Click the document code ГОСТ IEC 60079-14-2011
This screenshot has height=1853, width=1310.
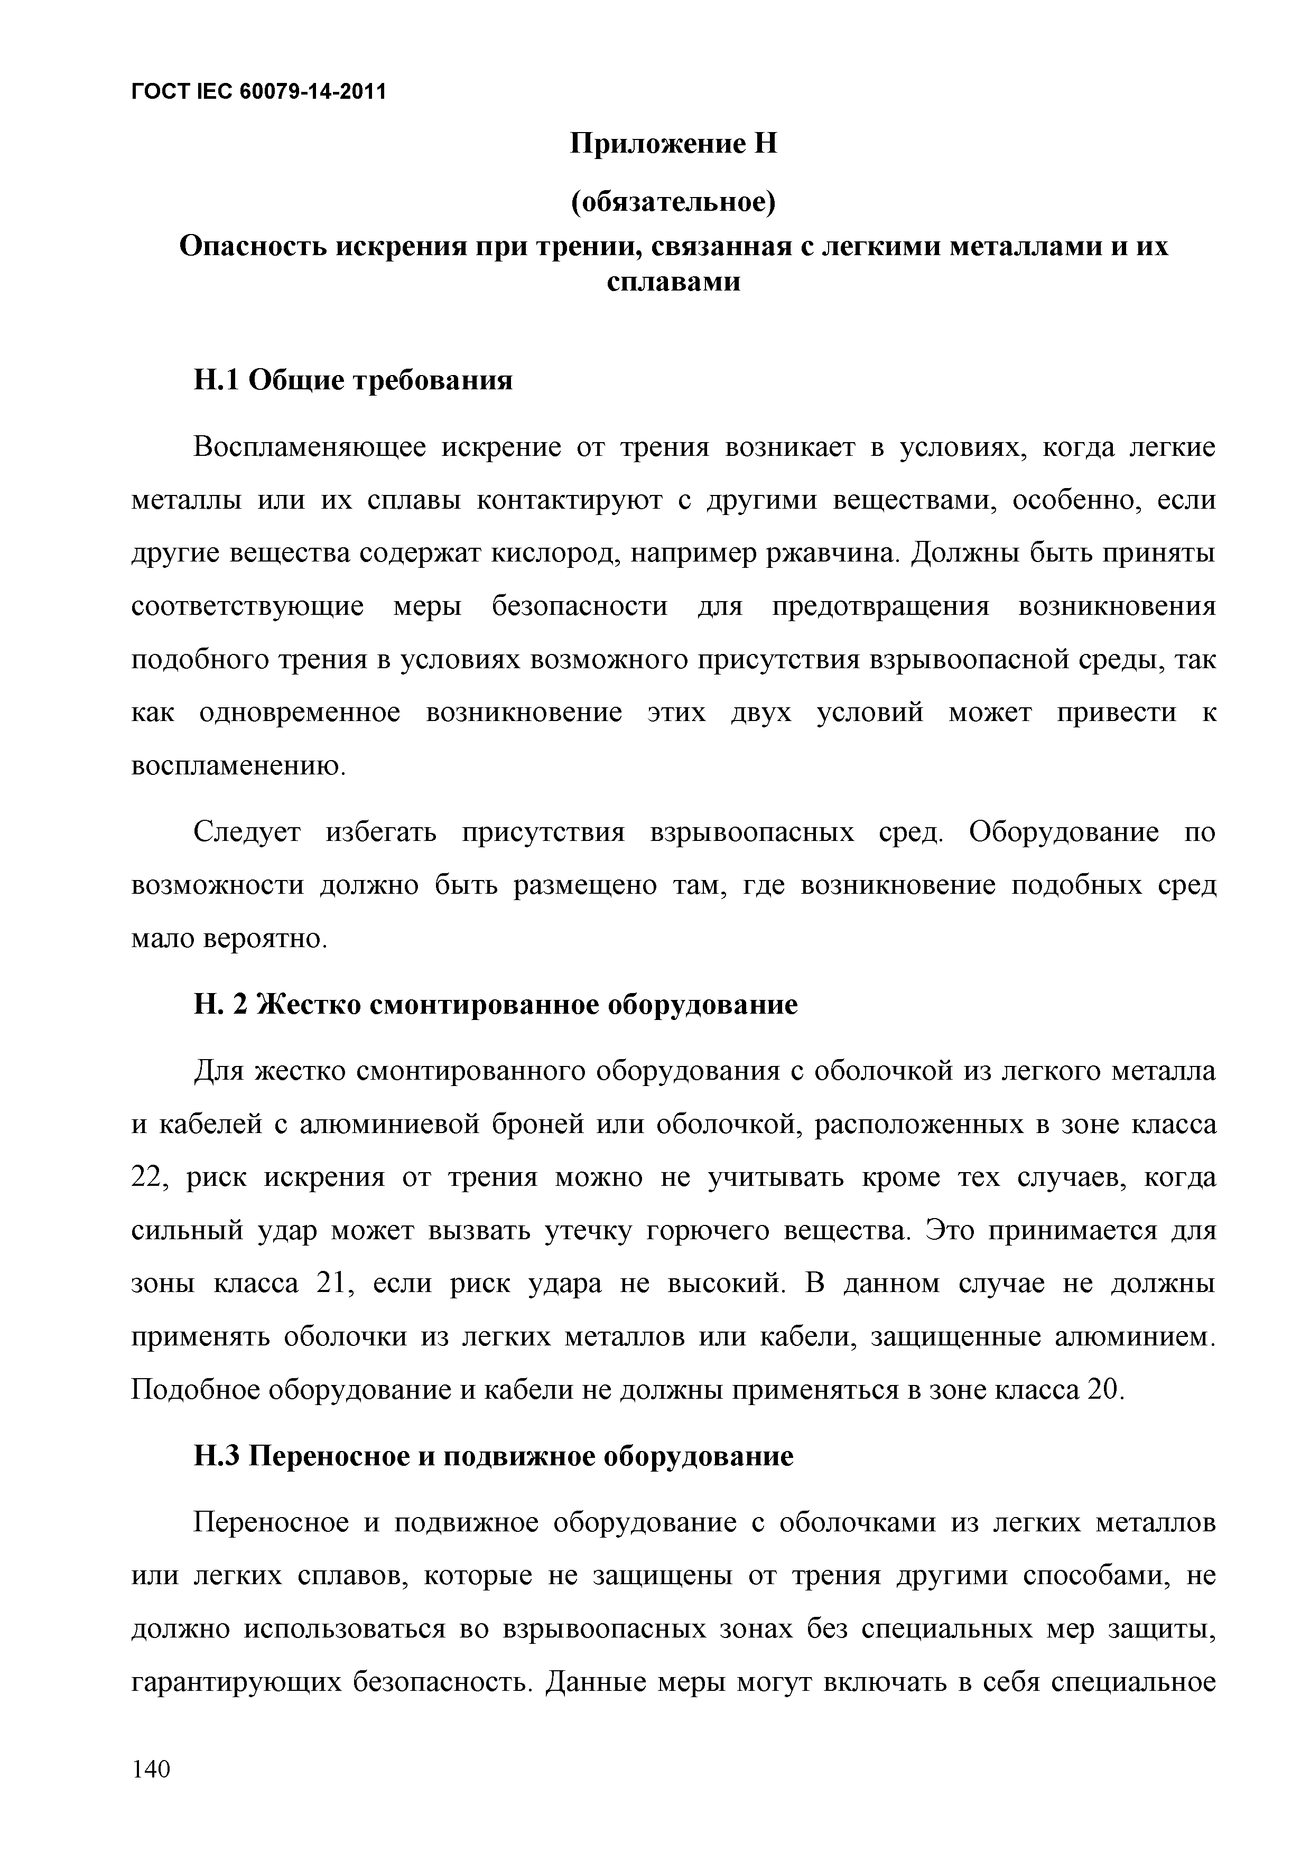258,92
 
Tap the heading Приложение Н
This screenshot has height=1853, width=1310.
673,144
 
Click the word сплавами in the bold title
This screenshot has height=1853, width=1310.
673,283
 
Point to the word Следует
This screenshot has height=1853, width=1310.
247,832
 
